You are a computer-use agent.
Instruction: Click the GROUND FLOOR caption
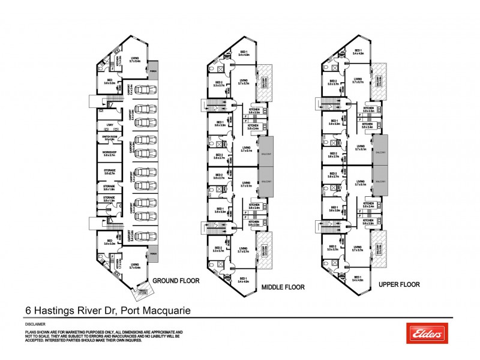(x=176, y=280)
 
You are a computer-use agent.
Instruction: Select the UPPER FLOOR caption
(x=398, y=284)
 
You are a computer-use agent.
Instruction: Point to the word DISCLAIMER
(x=35, y=324)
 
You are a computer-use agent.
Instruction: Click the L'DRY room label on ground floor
(x=109, y=125)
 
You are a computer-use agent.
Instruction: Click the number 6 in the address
(x=28, y=310)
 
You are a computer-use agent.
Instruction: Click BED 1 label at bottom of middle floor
(x=242, y=279)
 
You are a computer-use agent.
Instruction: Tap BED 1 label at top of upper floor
(x=358, y=51)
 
